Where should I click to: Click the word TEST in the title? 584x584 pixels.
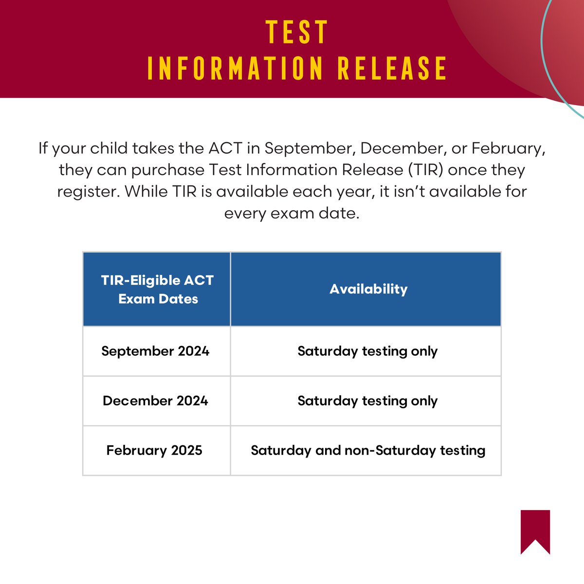297,33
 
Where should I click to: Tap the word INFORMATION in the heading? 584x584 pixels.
235,68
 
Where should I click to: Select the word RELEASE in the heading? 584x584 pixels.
392,68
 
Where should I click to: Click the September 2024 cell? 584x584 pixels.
155,351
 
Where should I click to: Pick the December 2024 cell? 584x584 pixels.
155,401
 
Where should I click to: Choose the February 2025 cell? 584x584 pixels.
154,450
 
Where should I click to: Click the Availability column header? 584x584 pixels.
368,289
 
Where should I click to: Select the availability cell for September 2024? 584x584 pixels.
367,351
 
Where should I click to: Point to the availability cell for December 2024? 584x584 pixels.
367,401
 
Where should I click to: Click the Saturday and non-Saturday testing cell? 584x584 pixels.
368,450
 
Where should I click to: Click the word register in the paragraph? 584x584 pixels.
88,192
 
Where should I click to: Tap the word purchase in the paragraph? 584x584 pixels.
168,170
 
